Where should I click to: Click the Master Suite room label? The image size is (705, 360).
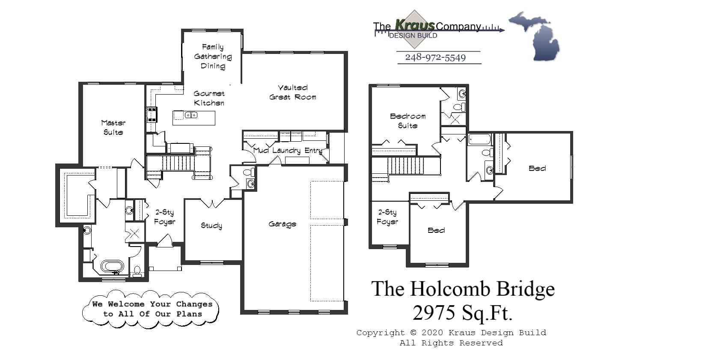coord(113,128)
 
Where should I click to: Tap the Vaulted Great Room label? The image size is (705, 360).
coord(293,92)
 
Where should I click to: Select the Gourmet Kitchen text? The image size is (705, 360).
coord(209,98)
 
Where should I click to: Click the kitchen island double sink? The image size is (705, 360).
coord(191,115)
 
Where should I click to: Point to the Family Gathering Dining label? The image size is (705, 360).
coord(213,57)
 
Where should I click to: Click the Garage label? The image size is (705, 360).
coord(283,224)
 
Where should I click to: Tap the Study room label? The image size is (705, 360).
coord(211,226)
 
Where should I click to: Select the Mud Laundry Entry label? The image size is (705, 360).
coord(288,150)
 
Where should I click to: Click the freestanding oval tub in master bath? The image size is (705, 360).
coord(113,266)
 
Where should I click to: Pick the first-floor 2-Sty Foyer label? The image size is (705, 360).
coord(164,217)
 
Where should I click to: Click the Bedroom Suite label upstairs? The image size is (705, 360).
coord(408,121)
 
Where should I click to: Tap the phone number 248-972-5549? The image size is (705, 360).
coord(435,57)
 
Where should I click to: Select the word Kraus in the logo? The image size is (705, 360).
coord(414,25)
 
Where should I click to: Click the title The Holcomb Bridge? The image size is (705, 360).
coord(463,289)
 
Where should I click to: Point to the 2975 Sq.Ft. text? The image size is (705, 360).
coord(462,313)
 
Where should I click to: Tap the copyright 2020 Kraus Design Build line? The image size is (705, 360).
coord(451,333)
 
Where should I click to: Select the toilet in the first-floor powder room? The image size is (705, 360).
coord(247,173)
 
